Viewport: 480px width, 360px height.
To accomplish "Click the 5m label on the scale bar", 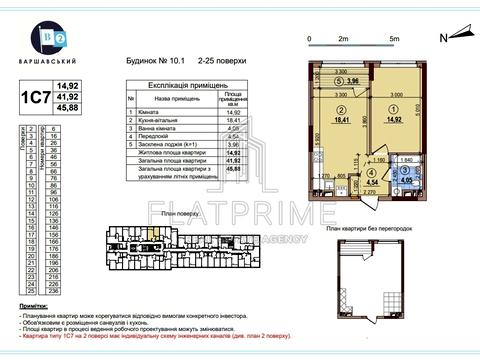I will [395, 38].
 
